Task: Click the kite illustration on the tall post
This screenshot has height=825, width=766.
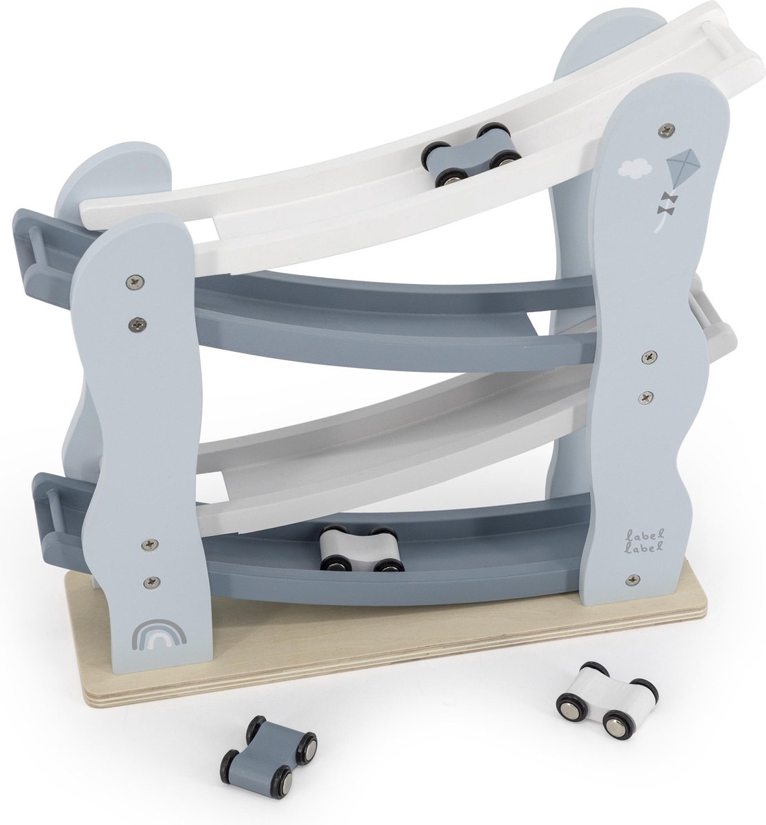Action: (681, 170)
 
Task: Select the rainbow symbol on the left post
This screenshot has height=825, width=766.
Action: (158, 634)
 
